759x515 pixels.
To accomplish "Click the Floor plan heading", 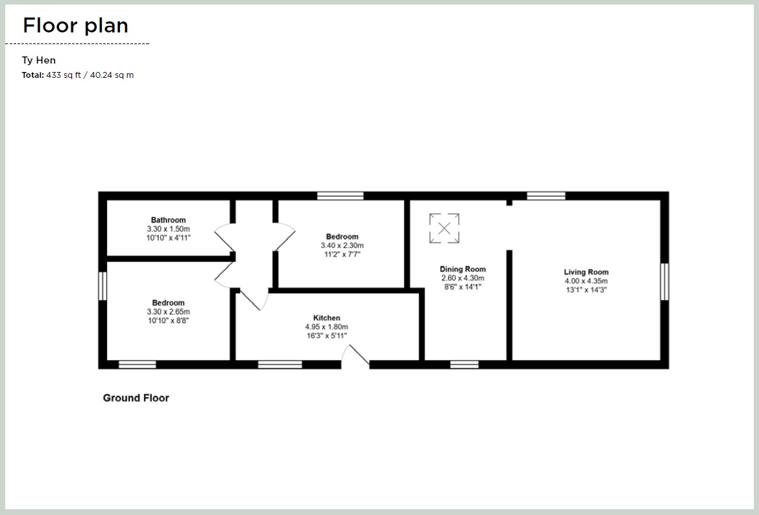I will coord(75,25).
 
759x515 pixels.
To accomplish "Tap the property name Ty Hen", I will coord(39,60).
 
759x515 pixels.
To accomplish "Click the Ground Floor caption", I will coord(136,398).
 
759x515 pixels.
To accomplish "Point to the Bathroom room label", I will coord(168,220).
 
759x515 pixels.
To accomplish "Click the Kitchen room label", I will coord(326,318).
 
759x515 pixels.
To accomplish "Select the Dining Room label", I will coord(463,269).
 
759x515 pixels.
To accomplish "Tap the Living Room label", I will coord(586,272).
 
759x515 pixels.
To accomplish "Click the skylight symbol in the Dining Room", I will coord(444,228).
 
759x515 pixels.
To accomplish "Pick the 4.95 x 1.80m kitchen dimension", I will coord(326,327).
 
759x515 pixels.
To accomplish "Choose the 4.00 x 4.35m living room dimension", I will coord(586,281).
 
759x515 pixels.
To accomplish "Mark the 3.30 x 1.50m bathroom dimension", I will coord(168,229).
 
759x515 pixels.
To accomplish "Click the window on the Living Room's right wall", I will coord(664,281).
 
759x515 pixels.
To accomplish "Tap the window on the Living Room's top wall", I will coord(546,195).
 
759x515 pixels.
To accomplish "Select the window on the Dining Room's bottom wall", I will coord(464,365).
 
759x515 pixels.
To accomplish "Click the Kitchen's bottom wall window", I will coord(280,365).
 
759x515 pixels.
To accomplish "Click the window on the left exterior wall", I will coord(102,286).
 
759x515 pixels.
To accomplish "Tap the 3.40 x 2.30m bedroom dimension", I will coord(342,246).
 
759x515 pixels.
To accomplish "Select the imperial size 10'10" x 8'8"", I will coord(168,320).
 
